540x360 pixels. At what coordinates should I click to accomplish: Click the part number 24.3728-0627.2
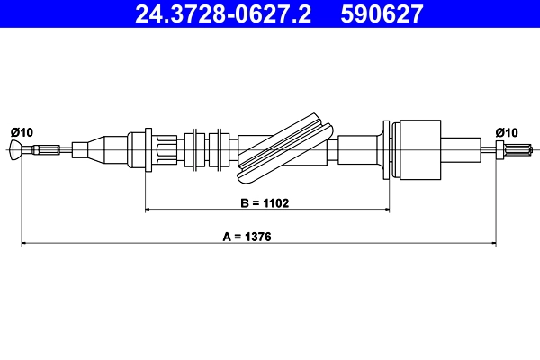[223, 13]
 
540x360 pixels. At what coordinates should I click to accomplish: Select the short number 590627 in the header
[382, 13]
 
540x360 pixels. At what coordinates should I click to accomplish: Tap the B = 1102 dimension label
[265, 202]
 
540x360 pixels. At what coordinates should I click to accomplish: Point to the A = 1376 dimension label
[247, 237]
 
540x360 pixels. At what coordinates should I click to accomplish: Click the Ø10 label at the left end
[22, 132]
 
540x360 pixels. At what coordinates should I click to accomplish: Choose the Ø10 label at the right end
[507, 132]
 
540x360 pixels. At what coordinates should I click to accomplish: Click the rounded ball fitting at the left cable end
[15, 150]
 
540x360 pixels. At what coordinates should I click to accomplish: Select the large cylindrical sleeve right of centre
[419, 150]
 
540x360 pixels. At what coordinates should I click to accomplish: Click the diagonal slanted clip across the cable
[285, 148]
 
